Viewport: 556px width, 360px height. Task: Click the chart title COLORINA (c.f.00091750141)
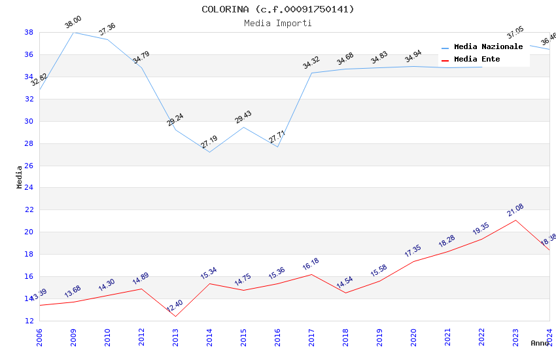(x=278, y=9)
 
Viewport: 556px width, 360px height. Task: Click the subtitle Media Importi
(x=278, y=23)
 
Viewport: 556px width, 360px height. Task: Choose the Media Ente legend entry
(x=477, y=59)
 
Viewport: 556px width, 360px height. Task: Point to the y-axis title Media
(x=20, y=177)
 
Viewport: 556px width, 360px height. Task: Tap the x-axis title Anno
(x=540, y=343)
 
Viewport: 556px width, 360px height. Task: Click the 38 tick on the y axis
(x=29, y=32)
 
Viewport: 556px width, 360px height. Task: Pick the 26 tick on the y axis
(x=29, y=166)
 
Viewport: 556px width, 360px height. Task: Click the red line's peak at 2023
(x=515, y=220)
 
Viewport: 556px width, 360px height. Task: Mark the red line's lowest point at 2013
(x=175, y=317)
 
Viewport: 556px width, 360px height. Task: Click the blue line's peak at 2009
(x=73, y=32)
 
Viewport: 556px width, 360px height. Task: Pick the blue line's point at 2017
(x=311, y=73)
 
